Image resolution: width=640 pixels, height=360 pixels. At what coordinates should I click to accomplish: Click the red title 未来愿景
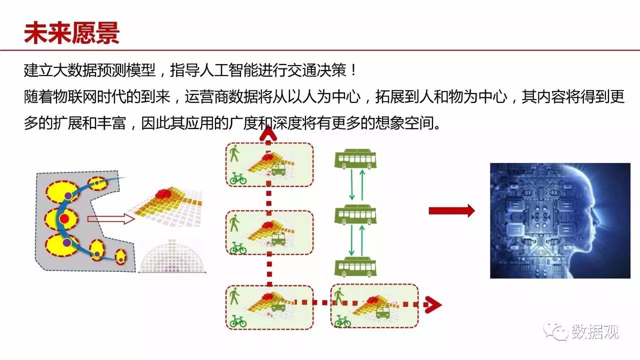tap(71, 33)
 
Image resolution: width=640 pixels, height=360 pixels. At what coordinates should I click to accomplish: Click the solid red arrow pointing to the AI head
tap(451, 211)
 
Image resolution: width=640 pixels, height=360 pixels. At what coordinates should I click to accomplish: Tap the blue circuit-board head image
tap(560, 220)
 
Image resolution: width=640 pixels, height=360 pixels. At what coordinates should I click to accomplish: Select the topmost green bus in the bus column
tap(355, 159)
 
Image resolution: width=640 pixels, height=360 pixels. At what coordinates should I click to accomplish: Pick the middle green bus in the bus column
tap(355, 214)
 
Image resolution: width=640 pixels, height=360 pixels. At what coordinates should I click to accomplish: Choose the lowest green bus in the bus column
tap(355, 267)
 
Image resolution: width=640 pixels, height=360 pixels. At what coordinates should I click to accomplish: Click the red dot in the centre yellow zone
tap(64, 219)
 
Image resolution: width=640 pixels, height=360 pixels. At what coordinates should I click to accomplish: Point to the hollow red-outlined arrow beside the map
tap(111, 219)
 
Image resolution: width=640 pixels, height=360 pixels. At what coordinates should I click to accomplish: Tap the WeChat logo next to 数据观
tap(556, 331)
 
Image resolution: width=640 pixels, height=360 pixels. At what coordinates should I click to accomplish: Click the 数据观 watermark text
tap(595, 331)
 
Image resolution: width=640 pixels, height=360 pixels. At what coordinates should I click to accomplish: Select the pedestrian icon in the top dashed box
tap(234, 153)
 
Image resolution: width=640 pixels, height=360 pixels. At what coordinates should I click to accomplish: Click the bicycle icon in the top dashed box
tap(238, 178)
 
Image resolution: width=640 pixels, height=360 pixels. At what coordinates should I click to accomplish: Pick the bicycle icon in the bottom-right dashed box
tap(342, 321)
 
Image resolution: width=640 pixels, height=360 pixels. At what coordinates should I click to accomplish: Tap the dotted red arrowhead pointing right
tap(433, 305)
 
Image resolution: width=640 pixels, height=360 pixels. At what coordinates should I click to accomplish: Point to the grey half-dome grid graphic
tap(172, 256)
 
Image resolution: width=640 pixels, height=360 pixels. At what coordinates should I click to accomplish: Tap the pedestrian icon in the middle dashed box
tap(234, 223)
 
